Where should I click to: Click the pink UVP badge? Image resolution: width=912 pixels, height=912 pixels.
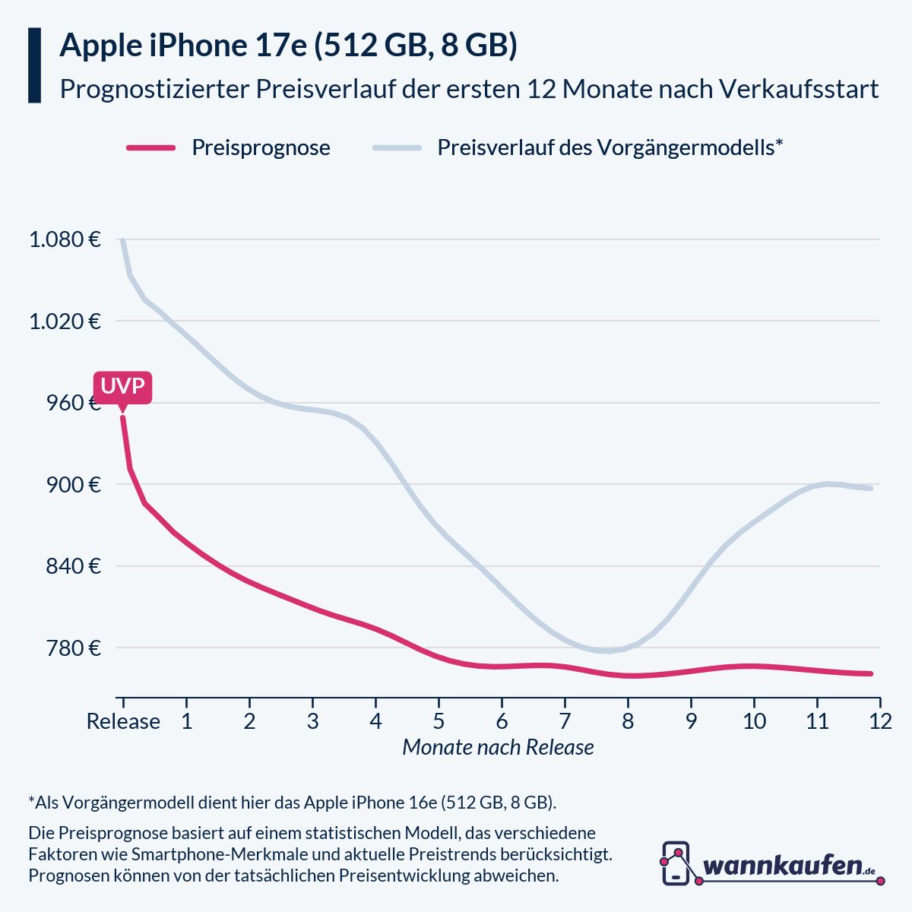122,387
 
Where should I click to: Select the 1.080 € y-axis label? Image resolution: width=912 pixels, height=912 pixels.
65,240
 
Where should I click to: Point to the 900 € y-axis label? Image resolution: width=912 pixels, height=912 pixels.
74,485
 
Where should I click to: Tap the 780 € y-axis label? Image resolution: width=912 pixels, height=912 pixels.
74,648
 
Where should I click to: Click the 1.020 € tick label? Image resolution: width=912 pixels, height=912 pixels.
65,321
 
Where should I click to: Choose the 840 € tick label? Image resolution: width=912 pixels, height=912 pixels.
74,566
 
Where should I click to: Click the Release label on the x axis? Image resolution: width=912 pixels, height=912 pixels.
123,720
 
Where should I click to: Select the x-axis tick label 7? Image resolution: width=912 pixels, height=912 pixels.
565,720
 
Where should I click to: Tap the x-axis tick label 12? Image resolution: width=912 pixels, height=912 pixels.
880,720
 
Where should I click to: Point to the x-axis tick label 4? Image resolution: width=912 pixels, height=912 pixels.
375,720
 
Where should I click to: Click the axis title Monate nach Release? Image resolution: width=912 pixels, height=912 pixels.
498,747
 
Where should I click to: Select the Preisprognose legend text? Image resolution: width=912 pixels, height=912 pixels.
261,147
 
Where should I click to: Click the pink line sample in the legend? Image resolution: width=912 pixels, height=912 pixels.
151,147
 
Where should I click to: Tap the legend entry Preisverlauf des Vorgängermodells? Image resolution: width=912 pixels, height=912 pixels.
610,147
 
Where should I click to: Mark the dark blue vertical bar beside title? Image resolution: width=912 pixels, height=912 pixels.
34,65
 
